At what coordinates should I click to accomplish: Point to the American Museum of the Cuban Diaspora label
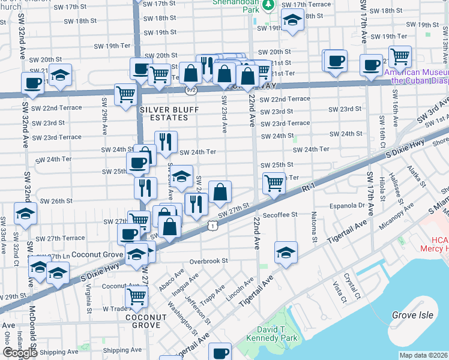(417, 75)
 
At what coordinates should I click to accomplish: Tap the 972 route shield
(191, 90)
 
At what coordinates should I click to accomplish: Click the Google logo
(20, 352)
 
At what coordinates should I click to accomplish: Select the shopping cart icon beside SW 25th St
(274, 182)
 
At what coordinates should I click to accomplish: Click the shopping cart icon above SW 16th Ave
(400, 57)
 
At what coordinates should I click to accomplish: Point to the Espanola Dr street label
(348, 205)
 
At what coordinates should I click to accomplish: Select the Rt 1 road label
(309, 188)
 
